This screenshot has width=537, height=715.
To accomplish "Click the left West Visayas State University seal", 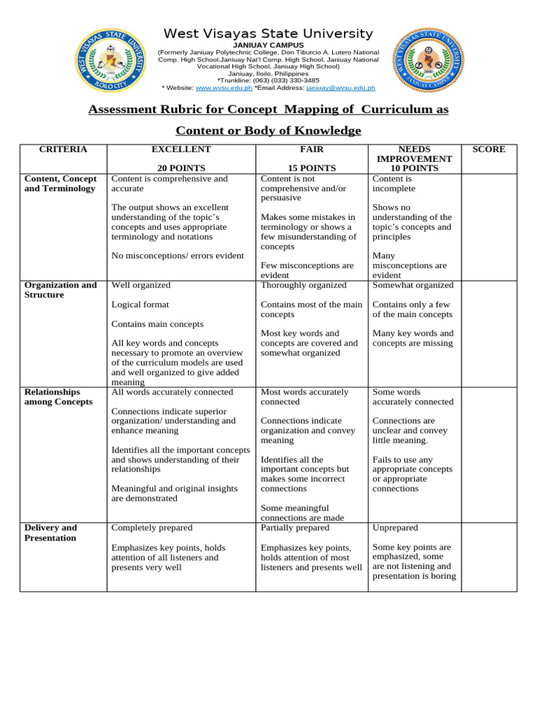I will click(x=112, y=61).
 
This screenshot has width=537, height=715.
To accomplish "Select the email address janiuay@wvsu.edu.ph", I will click(x=341, y=88).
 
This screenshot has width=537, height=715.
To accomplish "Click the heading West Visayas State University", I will click(x=268, y=34).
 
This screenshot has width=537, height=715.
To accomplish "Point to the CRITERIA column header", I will click(x=63, y=149).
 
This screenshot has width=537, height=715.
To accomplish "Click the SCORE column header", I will click(x=489, y=149).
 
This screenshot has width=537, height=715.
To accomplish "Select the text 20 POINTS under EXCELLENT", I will click(x=181, y=168).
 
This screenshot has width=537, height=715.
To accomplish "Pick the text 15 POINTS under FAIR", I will click(x=312, y=168).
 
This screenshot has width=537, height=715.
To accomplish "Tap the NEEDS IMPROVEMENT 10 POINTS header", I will click(x=415, y=159).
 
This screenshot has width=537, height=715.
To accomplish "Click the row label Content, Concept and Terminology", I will click(x=61, y=184).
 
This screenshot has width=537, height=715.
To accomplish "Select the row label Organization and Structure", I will click(x=61, y=290).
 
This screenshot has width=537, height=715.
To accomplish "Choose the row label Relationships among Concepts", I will click(x=59, y=397).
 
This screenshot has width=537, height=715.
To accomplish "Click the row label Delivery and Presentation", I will click(x=51, y=533).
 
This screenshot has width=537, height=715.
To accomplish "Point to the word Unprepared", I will click(x=395, y=528).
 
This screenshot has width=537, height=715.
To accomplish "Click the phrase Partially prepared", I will click(x=294, y=528).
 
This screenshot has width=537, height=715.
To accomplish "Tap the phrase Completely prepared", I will click(x=152, y=528).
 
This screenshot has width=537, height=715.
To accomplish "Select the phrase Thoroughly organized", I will click(x=303, y=285).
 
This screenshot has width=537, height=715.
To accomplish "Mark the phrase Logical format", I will click(x=141, y=304).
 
